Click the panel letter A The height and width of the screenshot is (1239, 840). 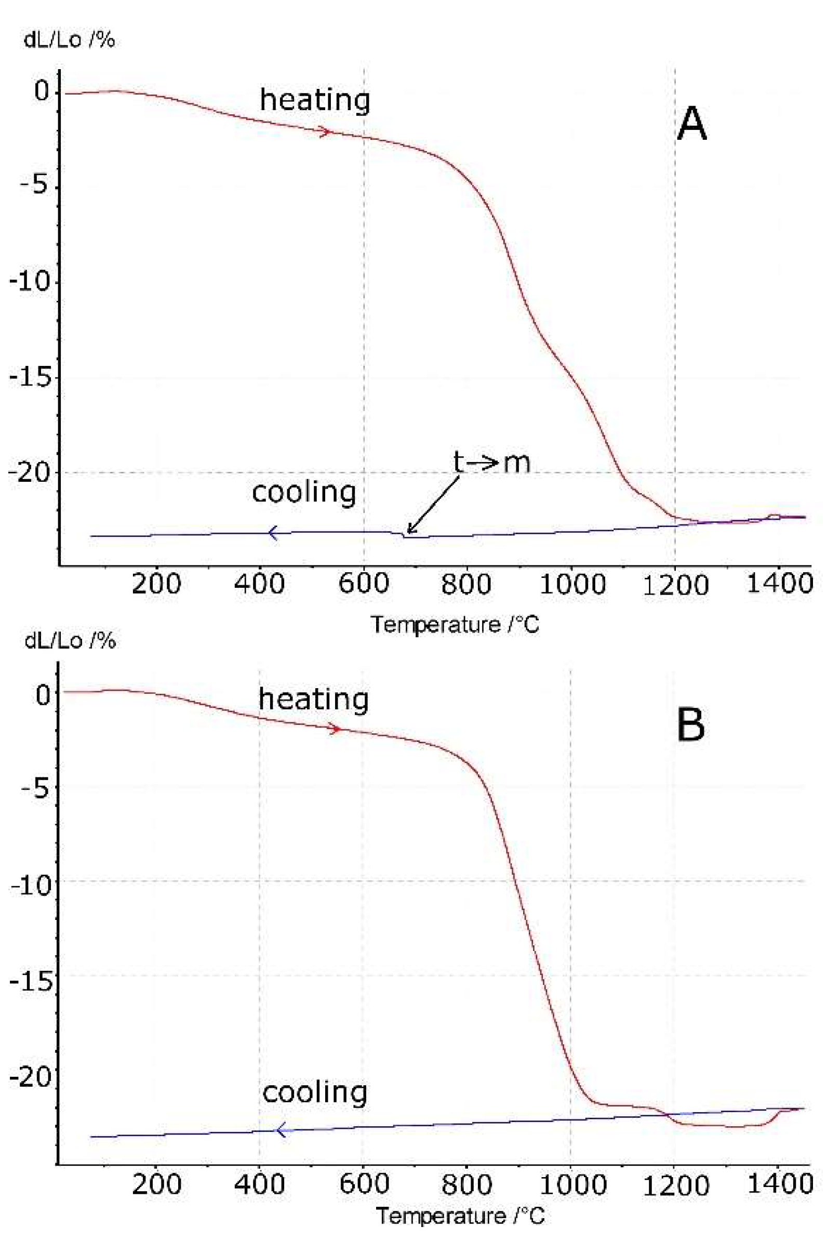(x=691, y=124)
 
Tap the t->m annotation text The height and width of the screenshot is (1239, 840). (x=491, y=462)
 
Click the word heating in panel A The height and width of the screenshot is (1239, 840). (x=314, y=100)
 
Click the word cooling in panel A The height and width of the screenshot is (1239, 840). (x=304, y=492)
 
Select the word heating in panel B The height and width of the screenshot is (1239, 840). (x=313, y=699)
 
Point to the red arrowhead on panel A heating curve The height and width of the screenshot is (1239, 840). (x=326, y=131)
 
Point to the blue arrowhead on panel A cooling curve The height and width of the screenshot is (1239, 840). (x=273, y=533)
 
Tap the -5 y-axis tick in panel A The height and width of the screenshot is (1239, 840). (x=36, y=187)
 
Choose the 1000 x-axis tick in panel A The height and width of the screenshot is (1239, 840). (x=572, y=584)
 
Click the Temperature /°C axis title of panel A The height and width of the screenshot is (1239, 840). (x=455, y=624)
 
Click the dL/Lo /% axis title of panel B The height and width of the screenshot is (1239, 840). (x=69, y=641)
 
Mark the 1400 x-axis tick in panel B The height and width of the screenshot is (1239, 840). (x=779, y=1184)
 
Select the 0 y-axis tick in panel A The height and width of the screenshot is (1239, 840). (x=42, y=90)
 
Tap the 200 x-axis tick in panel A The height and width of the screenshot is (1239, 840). (x=156, y=584)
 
